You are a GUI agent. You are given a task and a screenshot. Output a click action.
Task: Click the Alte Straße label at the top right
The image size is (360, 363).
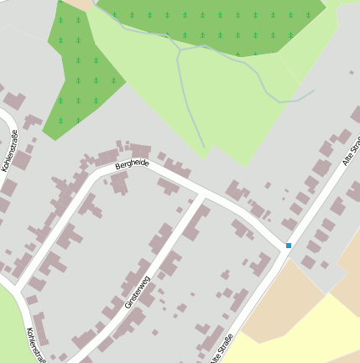coord(351,151)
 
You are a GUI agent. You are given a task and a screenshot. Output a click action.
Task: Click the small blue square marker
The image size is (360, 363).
coord(289,245)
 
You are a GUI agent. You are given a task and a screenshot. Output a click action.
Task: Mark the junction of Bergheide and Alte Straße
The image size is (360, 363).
coord(283,246)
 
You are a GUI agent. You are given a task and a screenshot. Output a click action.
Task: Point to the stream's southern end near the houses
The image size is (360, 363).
coord(205,148)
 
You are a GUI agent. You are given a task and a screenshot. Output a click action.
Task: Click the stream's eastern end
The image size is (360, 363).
coord(314,91)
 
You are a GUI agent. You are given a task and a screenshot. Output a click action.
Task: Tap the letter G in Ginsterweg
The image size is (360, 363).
coord(128,305)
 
